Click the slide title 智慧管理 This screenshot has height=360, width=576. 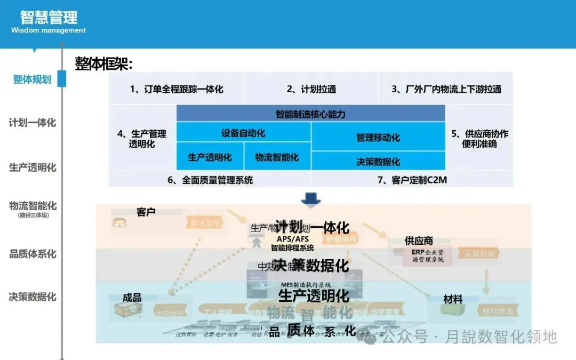pyautogui.click(x=49, y=17)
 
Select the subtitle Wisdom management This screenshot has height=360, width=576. pyautogui.click(x=49, y=30)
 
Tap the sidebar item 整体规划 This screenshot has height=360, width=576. pyautogui.click(x=33, y=79)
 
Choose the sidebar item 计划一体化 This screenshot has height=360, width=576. pyautogui.click(x=33, y=123)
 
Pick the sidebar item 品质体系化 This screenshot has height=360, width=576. pyautogui.click(x=33, y=254)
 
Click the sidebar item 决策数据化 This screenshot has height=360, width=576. pyautogui.click(x=33, y=297)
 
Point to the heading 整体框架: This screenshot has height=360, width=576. pyautogui.click(x=103, y=64)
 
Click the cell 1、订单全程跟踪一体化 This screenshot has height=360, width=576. pyautogui.click(x=177, y=89)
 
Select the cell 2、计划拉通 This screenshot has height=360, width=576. pyautogui.click(x=311, y=89)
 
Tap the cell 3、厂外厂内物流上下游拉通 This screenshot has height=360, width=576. pyautogui.click(x=446, y=89)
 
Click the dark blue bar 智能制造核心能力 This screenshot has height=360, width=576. pyautogui.click(x=310, y=114)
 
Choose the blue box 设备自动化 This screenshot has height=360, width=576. pyautogui.click(x=243, y=133)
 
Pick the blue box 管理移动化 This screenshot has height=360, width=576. pyautogui.click(x=378, y=138)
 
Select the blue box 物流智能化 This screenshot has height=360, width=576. pyautogui.click(x=277, y=157)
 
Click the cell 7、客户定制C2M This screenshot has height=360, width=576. pyautogui.click(x=412, y=180)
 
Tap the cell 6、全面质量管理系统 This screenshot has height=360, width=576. pyautogui.click(x=210, y=180)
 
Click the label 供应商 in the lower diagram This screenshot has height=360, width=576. pyautogui.click(x=419, y=241)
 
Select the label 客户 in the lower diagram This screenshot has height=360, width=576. pyautogui.click(x=146, y=212)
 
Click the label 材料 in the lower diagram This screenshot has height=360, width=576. pyautogui.click(x=453, y=299)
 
